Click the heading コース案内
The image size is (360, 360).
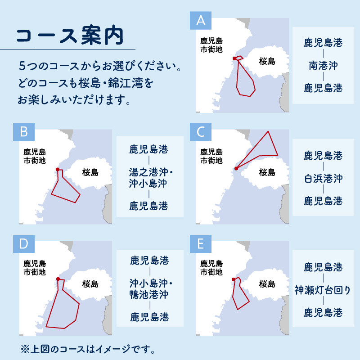point(70,36)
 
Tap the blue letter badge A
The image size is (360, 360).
point(200,20)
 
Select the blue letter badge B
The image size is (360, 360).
point(24,132)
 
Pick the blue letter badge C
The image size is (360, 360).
point(200,132)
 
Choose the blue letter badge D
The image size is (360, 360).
point(24,243)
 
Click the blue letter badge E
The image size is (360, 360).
point(200,243)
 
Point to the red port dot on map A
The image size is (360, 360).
point(234,58)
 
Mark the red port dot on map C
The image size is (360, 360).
point(236,168)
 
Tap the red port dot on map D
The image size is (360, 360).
point(58,279)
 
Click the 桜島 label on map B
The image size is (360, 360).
point(90,172)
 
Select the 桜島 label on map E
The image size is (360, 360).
point(267,284)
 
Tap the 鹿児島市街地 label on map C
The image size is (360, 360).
point(211,156)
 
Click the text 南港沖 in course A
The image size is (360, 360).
point(323,65)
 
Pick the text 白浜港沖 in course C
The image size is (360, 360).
point(323,178)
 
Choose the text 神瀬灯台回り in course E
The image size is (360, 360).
point(323,290)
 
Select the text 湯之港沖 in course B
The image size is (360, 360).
point(148,172)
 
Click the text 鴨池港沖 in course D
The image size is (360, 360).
point(149,295)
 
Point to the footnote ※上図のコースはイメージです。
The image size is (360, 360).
point(88,349)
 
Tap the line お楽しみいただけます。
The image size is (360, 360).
point(74,100)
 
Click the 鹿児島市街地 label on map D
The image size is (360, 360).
point(35,268)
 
